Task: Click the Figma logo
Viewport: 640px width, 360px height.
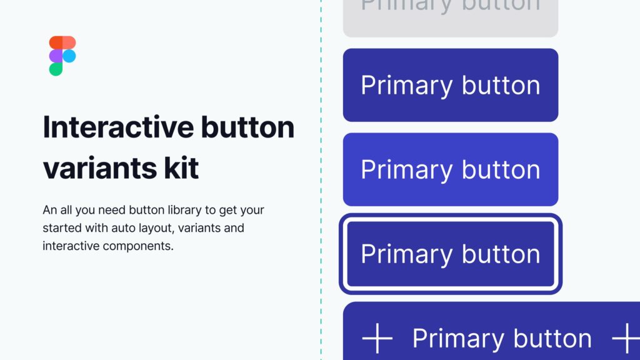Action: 62,56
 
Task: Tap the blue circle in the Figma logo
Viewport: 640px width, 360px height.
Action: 69,56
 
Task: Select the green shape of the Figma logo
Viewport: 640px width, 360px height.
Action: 56,69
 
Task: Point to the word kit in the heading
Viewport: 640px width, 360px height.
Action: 182,167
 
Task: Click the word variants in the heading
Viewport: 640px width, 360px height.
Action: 105,167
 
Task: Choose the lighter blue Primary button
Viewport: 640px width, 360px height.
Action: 450,169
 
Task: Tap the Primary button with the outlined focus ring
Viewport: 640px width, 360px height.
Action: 450,254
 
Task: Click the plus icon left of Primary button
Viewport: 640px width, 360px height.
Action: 377,338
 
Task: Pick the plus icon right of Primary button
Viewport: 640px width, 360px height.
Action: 626,338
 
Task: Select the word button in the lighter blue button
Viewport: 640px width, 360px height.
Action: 500,169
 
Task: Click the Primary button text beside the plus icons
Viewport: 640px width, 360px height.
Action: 501,338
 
